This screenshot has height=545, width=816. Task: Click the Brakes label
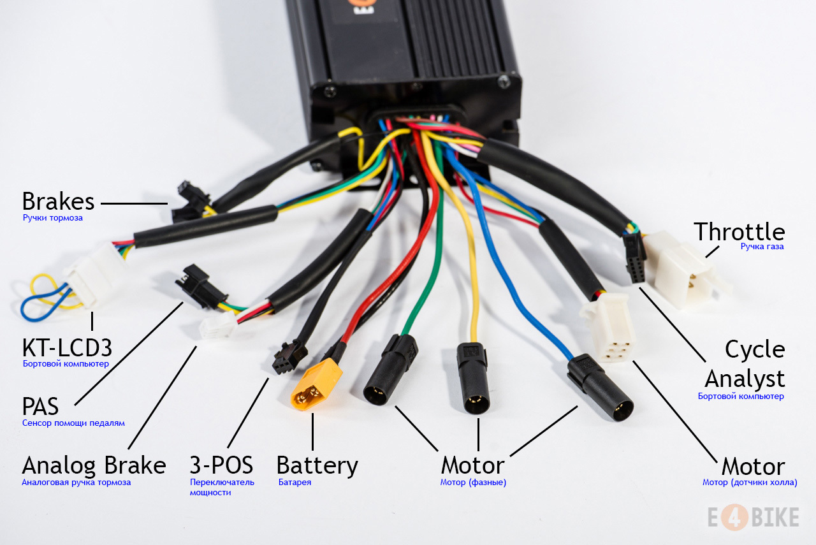click(58, 202)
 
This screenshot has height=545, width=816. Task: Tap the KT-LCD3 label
click(67, 348)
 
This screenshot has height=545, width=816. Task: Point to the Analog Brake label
click(94, 465)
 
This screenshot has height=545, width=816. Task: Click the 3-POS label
click(221, 465)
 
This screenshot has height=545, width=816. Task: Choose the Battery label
click(317, 465)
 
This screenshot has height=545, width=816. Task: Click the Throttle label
click(739, 231)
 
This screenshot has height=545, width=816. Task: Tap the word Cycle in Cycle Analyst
click(755, 349)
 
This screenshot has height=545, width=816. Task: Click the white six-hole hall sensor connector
click(609, 328)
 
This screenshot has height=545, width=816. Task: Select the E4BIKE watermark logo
click(753, 517)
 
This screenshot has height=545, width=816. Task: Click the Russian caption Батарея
click(295, 483)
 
